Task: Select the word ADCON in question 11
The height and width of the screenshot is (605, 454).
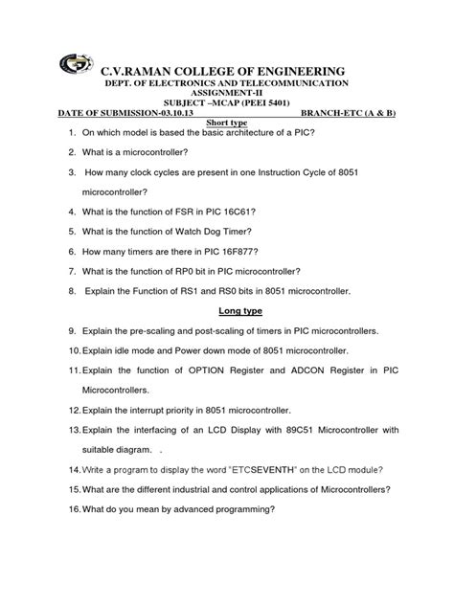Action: pyautogui.click(x=309, y=370)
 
